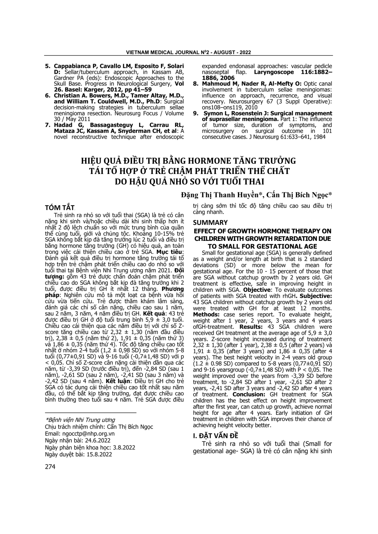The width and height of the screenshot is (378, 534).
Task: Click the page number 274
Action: [50, 466]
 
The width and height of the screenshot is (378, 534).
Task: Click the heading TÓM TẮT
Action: [60, 208]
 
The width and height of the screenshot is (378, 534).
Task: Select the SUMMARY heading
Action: [210, 222]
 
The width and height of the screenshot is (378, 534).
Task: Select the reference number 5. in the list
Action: [48, 66]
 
